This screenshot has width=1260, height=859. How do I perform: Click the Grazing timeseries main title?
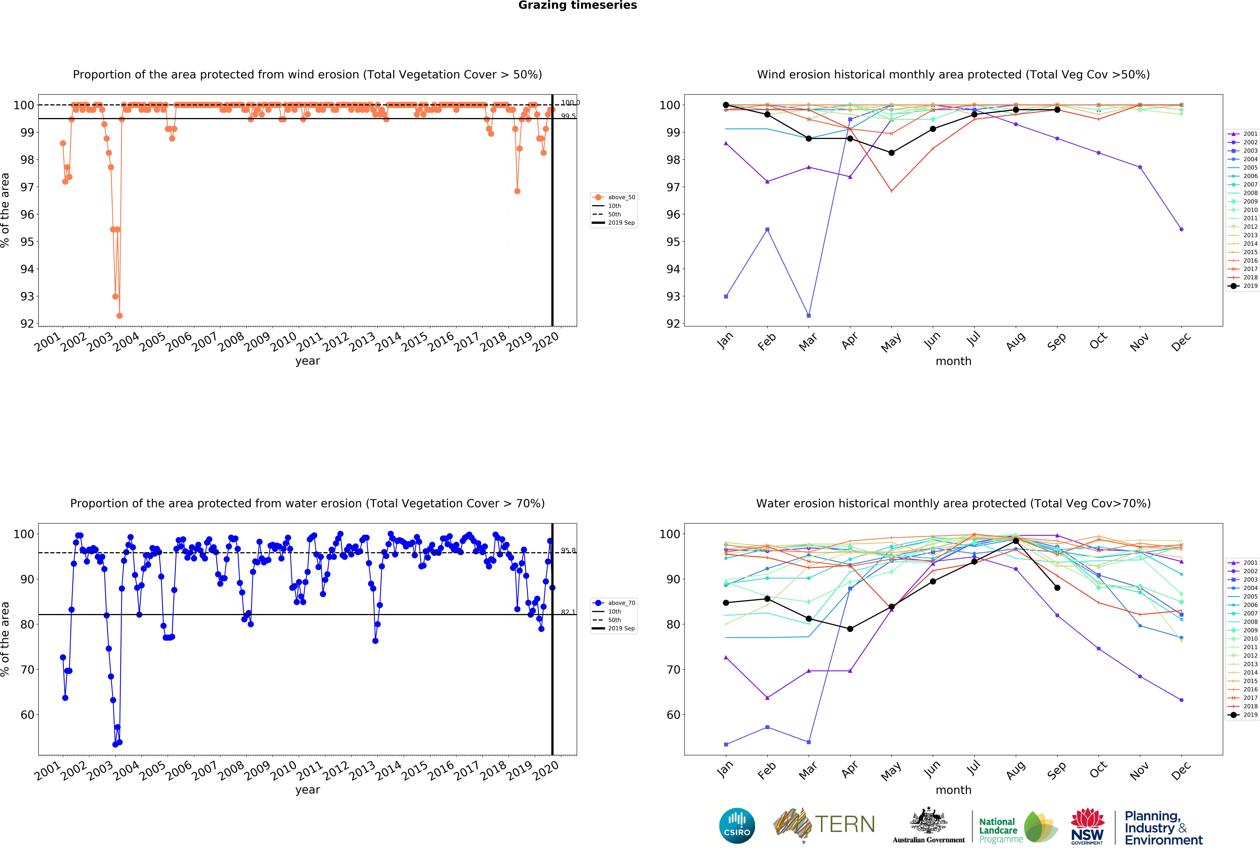coord(577,5)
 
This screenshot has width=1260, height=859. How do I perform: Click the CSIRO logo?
coord(737,826)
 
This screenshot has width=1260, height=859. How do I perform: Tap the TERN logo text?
coord(845,824)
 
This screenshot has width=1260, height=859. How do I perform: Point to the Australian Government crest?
coord(929,821)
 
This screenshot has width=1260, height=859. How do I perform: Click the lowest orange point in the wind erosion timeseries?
coord(119,316)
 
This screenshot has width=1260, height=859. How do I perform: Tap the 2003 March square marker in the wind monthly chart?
coord(809,316)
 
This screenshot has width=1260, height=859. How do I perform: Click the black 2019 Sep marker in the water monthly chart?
coord(1057,588)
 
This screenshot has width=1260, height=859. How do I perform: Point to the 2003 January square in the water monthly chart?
coord(726,745)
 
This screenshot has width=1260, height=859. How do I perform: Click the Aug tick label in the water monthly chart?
coord(1015,770)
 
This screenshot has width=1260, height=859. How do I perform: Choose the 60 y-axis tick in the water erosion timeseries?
coord(27,715)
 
